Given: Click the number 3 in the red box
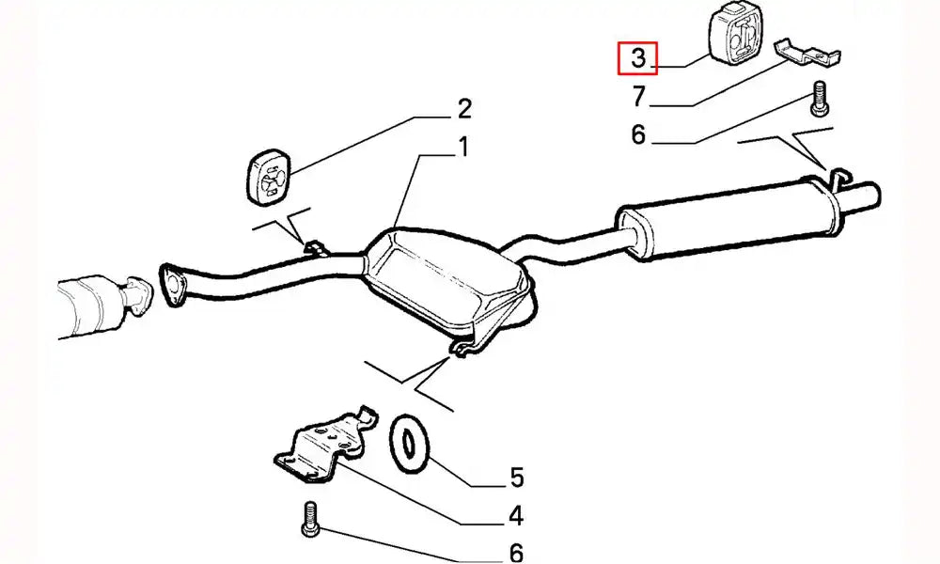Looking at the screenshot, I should click(x=638, y=58).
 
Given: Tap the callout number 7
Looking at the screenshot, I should click(x=638, y=95).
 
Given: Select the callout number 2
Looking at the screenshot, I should click(x=463, y=109).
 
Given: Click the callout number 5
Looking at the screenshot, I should click(x=516, y=478).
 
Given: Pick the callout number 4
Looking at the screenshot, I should click(x=515, y=515).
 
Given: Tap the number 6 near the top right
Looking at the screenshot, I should click(x=638, y=135).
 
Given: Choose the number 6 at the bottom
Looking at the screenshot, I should click(x=515, y=552).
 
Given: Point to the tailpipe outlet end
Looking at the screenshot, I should click(x=870, y=196).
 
